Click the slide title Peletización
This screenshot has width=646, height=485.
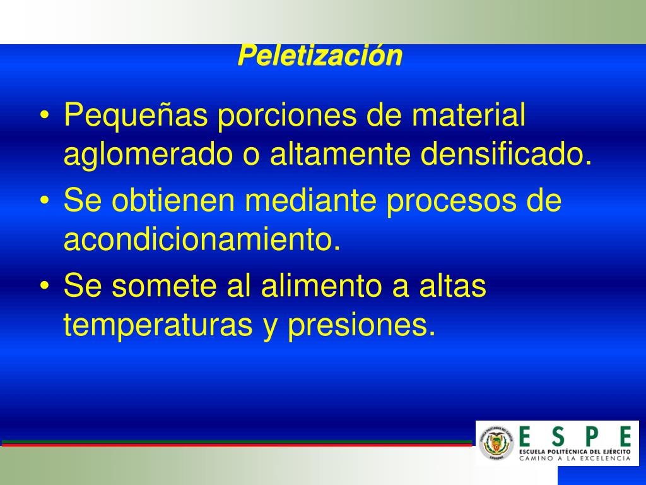(x=320, y=56)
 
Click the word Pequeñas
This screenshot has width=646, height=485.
(x=136, y=116)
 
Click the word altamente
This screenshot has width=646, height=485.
(x=340, y=153)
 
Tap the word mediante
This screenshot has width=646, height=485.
(x=310, y=200)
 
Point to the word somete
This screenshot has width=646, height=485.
(x=164, y=286)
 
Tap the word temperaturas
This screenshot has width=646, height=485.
(x=158, y=326)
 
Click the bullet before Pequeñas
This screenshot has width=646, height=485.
(x=45, y=115)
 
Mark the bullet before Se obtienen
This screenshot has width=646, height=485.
(x=45, y=200)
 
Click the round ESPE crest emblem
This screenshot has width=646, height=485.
(x=496, y=443)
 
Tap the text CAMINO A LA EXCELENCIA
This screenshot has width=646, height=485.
(x=575, y=458)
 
